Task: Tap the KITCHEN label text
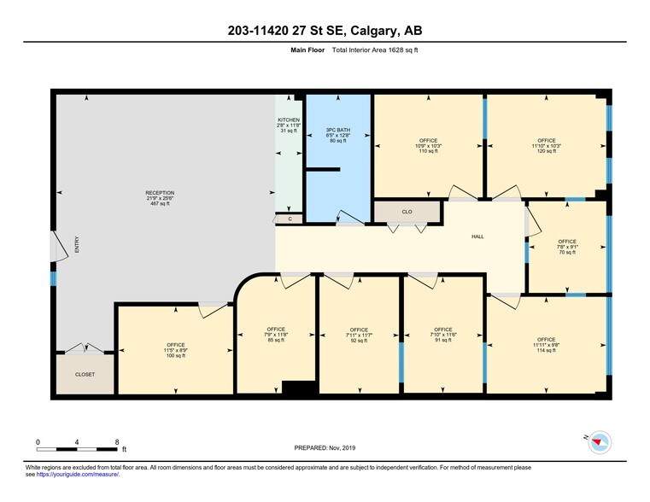point(289,120)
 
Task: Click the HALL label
point(477,236)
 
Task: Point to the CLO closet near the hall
point(407,211)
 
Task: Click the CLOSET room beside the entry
point(84,374)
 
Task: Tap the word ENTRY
point(76,245)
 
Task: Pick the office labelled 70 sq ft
point(567,247)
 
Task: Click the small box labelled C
point(290,219)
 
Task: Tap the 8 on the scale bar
point(116,441)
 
